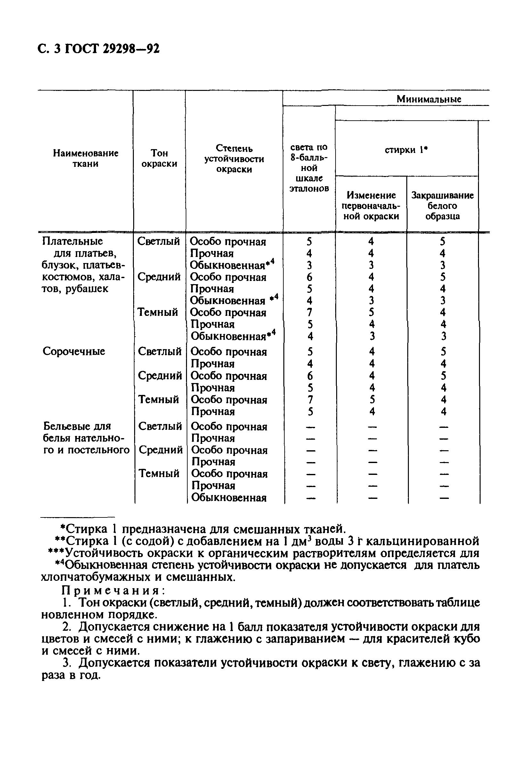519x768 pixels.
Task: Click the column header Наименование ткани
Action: click(x=85, y=158)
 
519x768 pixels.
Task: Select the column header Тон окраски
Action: click(x=159, y=158)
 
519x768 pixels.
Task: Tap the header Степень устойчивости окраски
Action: click(x=234, y=159)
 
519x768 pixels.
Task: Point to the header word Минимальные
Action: click(x=429, y=99)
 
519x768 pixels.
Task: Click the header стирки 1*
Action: click(x=406, y=150)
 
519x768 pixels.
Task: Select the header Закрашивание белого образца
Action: click(x=442, y=205)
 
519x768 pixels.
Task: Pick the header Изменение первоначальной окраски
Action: click(x=371, y=205)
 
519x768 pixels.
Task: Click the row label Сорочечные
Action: click(x=74, y=351)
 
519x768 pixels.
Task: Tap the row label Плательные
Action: click(x=72, y=241)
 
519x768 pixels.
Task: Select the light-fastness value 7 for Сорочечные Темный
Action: click(x=310, y=400)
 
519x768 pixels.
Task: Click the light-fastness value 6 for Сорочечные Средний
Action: click(x=310, y=376)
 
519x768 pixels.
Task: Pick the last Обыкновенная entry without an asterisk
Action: click(x=229, y=498)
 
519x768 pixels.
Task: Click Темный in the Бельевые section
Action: click(x=159, y=473)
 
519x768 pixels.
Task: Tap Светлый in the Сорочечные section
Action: click(x=160, y=351)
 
